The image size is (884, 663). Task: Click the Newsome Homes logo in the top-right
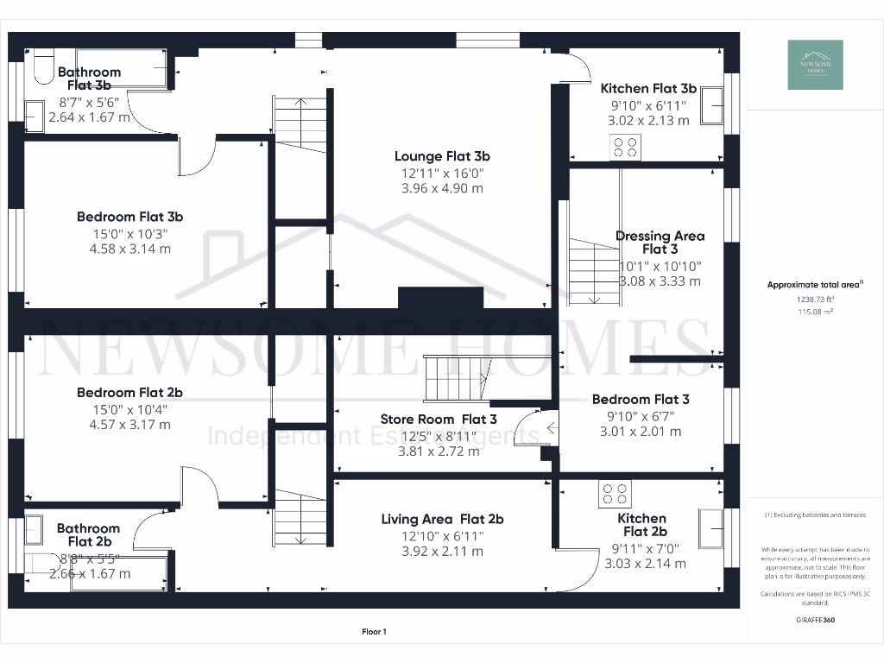pos(817,65)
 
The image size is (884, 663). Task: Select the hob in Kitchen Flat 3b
pos(627,147)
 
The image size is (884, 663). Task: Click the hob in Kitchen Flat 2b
pos(615,495)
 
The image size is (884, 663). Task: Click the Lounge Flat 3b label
pos(442,156)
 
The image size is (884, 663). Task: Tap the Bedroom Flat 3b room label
pos(129,217)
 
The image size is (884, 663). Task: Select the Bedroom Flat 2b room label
pos(129,392)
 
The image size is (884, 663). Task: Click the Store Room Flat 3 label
pos(439,420)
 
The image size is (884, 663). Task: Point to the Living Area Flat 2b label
pos(442,519)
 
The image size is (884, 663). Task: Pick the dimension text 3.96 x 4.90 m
pos(442,187)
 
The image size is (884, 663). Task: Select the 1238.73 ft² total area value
pos(801,299)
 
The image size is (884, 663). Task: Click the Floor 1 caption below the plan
pos(374,632)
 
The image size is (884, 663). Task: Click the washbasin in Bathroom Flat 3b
pos(34,115)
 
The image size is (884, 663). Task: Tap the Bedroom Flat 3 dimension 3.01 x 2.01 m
pos(640,432)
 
